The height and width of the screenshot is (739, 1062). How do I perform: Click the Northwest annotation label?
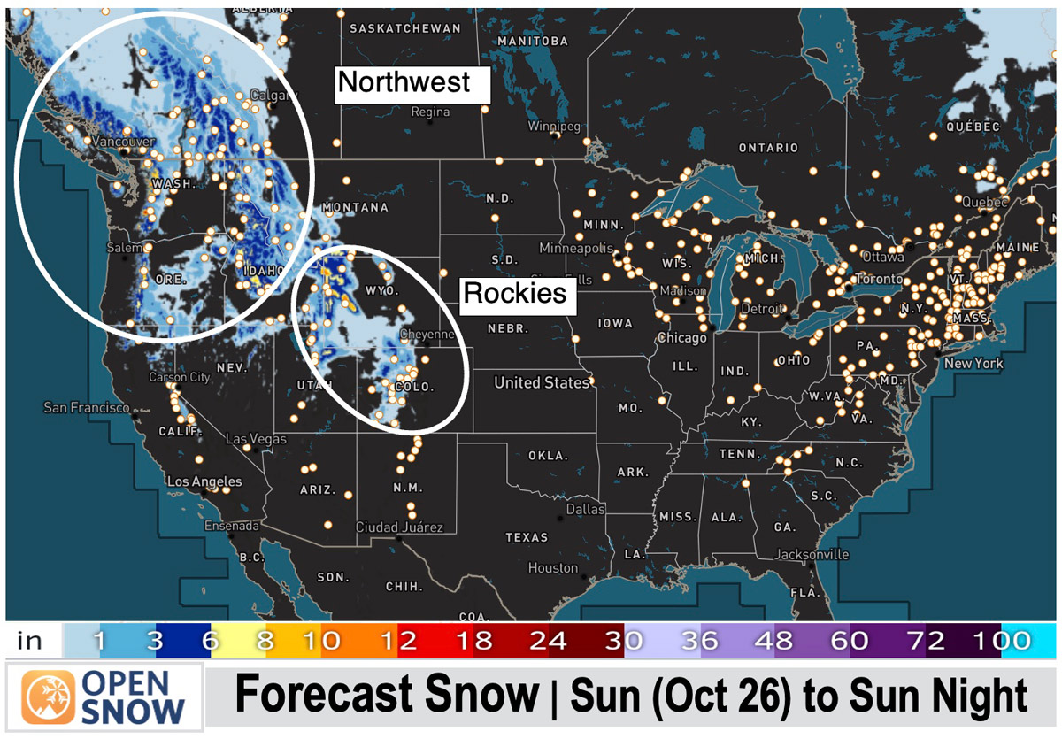(404, 83)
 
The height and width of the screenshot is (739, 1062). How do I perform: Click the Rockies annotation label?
(516, 294)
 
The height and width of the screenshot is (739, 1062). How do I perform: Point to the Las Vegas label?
(256, 439)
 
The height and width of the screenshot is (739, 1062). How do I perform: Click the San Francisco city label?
(86, 408)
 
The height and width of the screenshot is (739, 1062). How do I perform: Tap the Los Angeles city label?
(204, 481)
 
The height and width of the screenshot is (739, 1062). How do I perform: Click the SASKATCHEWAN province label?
(405, 28)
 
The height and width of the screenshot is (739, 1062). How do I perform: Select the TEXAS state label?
(527, 537)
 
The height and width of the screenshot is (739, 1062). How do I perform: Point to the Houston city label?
(552, 568)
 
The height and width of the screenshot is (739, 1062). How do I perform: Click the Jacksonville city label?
(812, 555)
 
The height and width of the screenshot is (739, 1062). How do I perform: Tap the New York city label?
(973, 364)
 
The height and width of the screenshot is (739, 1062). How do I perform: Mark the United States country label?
(542, 382)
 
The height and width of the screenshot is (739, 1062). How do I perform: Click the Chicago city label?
(681, 338)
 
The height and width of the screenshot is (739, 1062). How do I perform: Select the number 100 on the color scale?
(1005, 641)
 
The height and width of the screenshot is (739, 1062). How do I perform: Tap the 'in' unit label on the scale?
(29, 641)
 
